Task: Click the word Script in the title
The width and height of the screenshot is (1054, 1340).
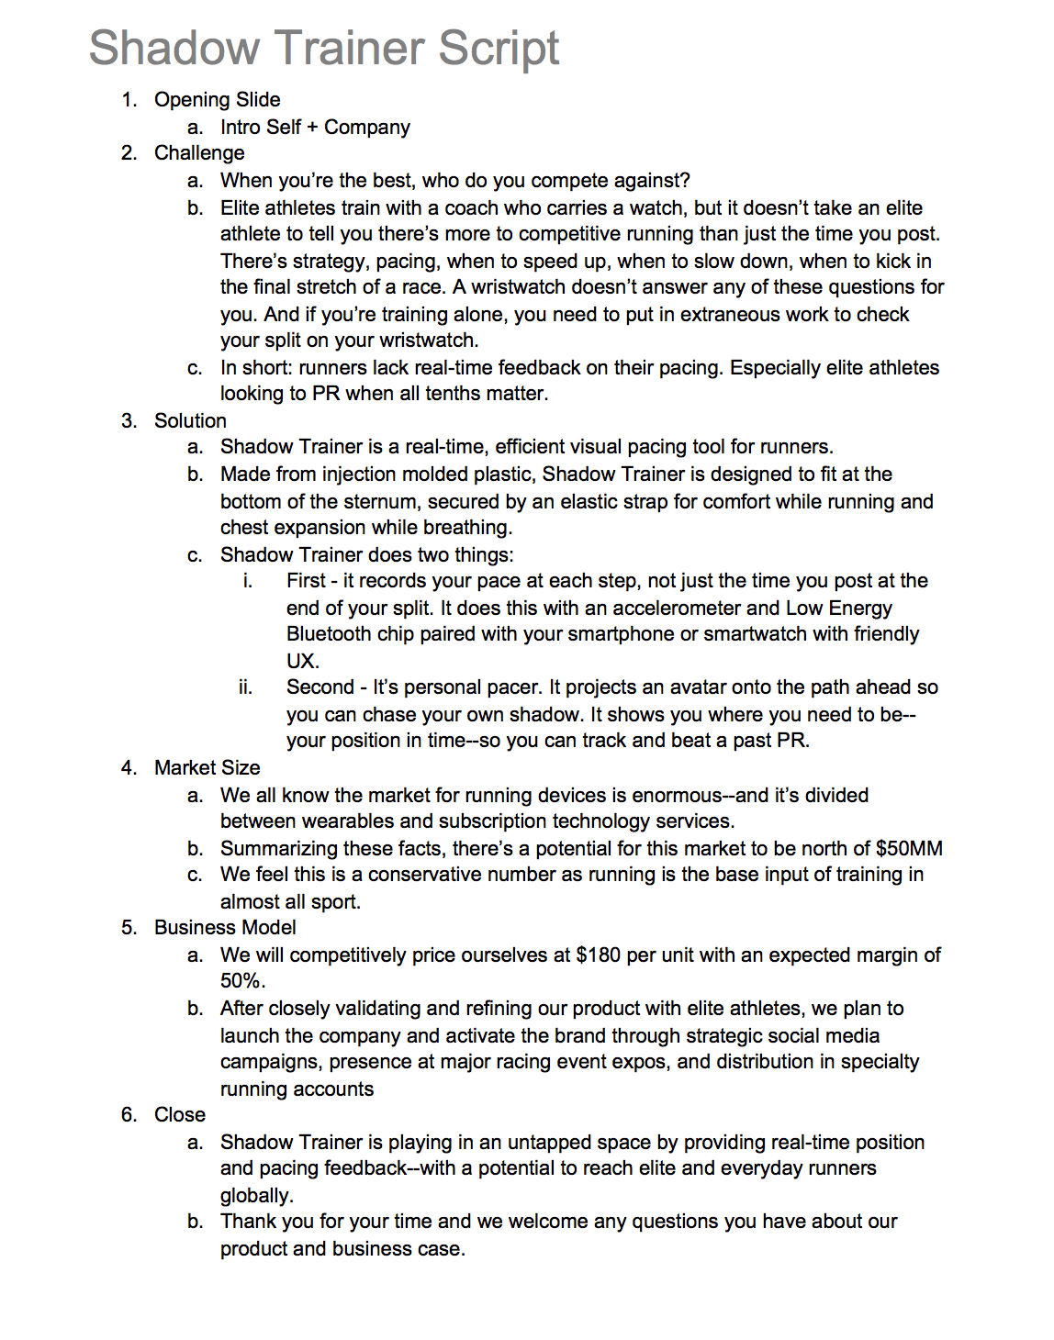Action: click(499, 49)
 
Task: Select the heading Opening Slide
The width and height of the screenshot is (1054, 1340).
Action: click(217, 100)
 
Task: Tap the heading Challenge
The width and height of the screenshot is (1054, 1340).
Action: click(199, 153)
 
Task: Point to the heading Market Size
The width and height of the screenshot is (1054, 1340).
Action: click(207, 768)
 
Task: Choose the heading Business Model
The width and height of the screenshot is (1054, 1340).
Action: click(225, 928)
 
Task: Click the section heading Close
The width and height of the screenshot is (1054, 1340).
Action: click(179, 1115)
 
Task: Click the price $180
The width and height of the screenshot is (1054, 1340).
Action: click(598, 955)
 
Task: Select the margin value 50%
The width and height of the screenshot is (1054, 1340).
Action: click(242, 981)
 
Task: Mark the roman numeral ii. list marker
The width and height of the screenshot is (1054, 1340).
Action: click(245, 687)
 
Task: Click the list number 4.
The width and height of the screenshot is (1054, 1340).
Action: click(129, 768)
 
